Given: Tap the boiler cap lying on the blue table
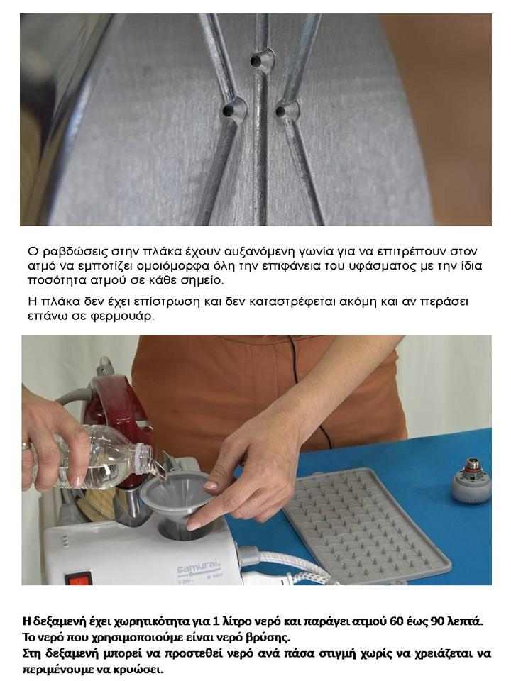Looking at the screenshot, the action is point(468,477).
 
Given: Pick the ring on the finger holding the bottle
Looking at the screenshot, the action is point(27,446).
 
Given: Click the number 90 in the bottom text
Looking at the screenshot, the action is point(437,621).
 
